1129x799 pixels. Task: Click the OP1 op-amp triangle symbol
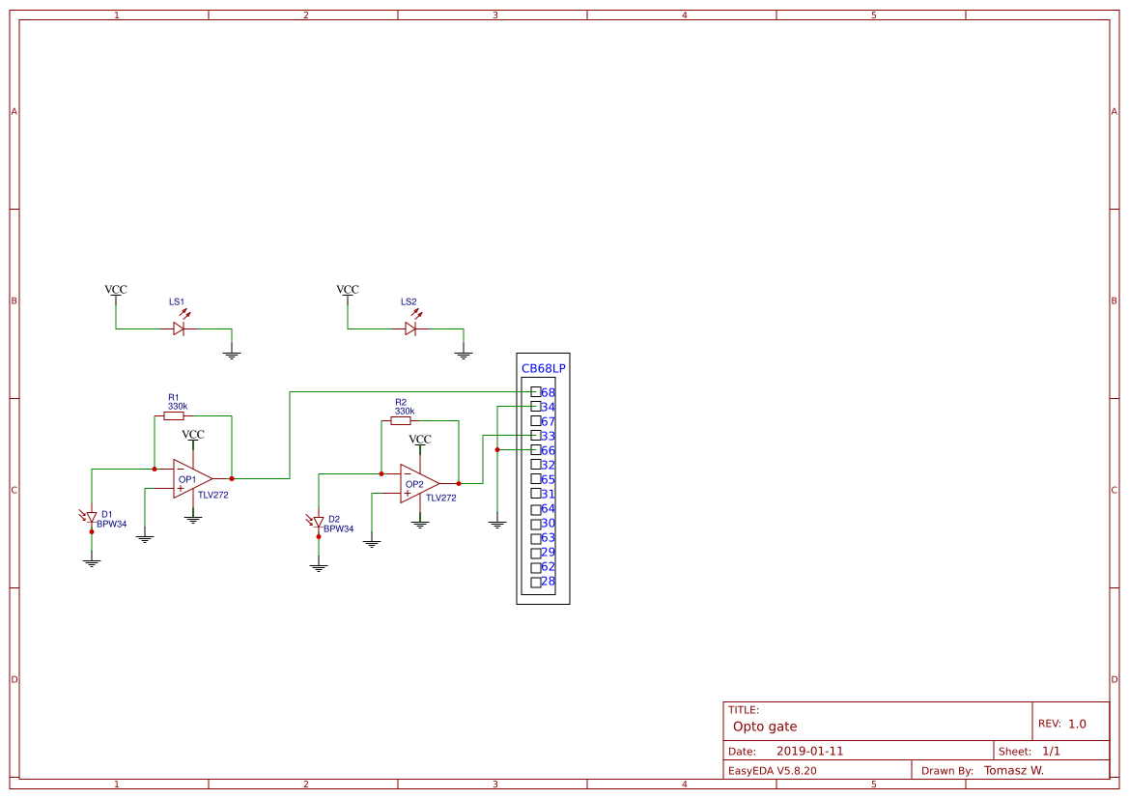(x=191, y=478)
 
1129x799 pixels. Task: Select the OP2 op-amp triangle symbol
(x=418, y=483)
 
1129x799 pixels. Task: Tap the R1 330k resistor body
(x=174, y=416)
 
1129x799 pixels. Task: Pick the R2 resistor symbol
(x=401, y=421)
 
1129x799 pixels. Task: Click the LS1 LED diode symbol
(x=179, y=328)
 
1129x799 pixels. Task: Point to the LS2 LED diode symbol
(x=410, y=328)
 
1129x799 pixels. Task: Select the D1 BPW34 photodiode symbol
(x=92, y=517)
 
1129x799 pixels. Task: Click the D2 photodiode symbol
(x=319, y=522)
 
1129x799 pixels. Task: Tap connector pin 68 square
(x=536, y=392)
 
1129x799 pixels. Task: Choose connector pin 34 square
(x=536, y=407)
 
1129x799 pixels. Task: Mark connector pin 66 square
(x=536, y=450)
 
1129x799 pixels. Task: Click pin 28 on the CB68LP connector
(x=536, y=582)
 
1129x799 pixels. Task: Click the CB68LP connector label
(x=544, y=369)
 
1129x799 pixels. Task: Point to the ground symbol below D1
(x=92, y=561)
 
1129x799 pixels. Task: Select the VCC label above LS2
(x=348, y=290)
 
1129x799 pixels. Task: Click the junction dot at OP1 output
(x=232, y=478)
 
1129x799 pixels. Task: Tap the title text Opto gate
(x=765, y=727)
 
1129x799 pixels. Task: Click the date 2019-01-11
(x=809, y=751)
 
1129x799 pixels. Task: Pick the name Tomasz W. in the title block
(x=1013, y=770)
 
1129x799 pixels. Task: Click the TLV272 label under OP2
(x=440, y=499)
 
